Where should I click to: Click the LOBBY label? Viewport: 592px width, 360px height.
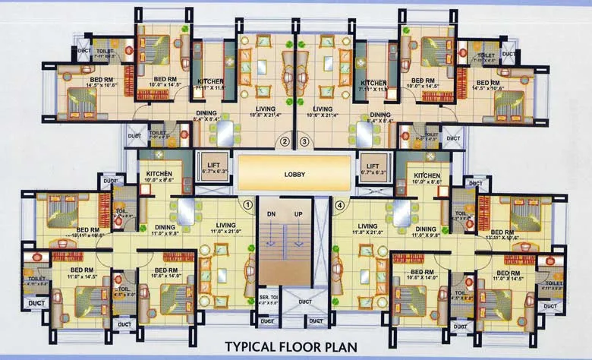point(295,174)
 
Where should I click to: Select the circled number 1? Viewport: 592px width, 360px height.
point(247,204)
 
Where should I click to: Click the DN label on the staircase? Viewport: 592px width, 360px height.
point(271,213)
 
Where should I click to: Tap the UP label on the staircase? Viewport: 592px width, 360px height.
point(298,213)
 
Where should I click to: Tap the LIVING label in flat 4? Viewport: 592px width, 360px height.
point(368,226)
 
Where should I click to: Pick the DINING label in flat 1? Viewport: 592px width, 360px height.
point(165,226)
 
